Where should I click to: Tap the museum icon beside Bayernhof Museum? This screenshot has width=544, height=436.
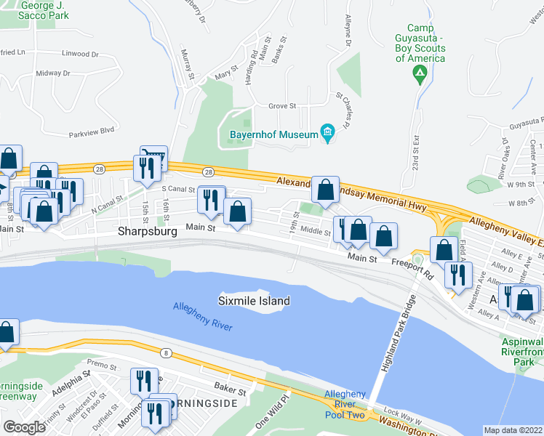[x=327, y=132]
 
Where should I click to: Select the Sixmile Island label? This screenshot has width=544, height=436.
[x=255, y=301]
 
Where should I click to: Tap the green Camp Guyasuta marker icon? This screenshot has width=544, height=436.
[x=420, y=73]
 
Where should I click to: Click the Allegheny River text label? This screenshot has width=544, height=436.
[x=203, y=316]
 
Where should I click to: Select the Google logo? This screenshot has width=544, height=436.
[x=24, y=427]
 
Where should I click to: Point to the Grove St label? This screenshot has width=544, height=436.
[x=282, y=106]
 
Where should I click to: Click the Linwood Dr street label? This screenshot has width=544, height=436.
[x=80, y=54]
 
